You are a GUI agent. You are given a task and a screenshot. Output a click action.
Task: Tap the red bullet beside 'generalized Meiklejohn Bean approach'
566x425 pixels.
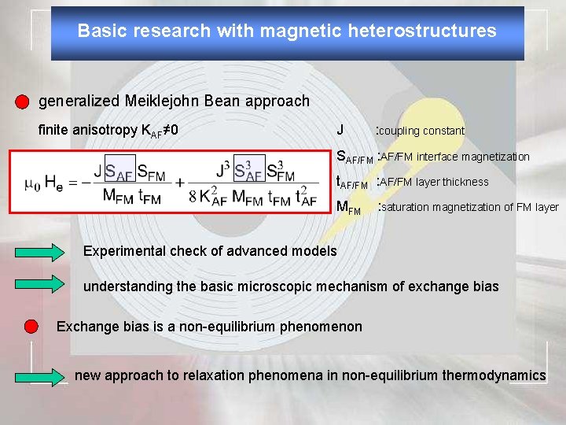pyautogui.click(x=22, y=102)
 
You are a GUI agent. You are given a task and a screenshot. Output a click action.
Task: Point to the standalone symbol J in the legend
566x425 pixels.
pyautogui.click(x=340, y=130)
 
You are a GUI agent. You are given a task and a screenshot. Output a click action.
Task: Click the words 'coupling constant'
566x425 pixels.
pyautogui.click(x=423, y=131)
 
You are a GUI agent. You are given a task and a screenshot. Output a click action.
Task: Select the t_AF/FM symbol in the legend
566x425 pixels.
pyautogui.click(x=352, y=183)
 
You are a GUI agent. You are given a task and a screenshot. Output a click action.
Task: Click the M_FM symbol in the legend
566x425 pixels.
pyautogui.click(x=348, y=208)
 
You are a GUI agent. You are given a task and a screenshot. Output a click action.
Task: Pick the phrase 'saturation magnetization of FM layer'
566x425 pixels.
pyautogui.click(x=469, y=207)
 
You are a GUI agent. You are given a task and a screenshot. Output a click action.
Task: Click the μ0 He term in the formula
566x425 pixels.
pyautogui.click(x=44, y=183)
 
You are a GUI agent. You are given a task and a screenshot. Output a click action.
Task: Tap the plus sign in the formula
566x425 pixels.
pyautogui.click(x=180, y=183)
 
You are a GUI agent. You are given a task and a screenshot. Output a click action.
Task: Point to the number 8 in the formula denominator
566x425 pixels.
pyautogui.click(x=193, y=198)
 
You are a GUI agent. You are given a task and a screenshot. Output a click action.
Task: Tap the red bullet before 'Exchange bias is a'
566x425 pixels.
pyautogui.click(x=31, y=326)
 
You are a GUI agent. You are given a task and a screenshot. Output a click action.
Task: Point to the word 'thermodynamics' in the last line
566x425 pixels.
pyautogui.click(x=494, y=375)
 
